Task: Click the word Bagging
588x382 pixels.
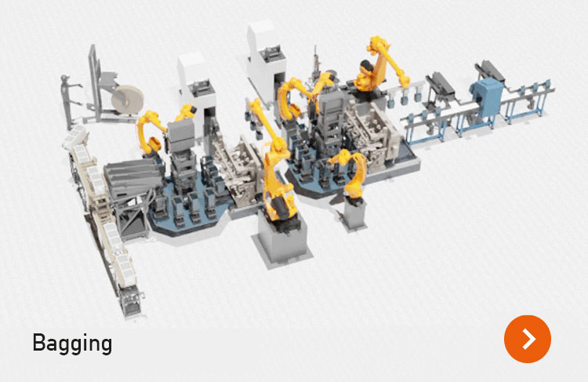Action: pos(72,343)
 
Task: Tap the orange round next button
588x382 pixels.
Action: pos(528,339)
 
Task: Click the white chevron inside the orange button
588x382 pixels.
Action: pos(529,339)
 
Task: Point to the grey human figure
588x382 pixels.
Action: pos(69,101)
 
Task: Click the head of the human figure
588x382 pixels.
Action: pos(65,78)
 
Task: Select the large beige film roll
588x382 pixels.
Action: pos(128,100)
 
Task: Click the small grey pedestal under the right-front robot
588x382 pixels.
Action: pos(354,214)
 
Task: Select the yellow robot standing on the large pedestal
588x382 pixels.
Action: pos(277,169)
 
